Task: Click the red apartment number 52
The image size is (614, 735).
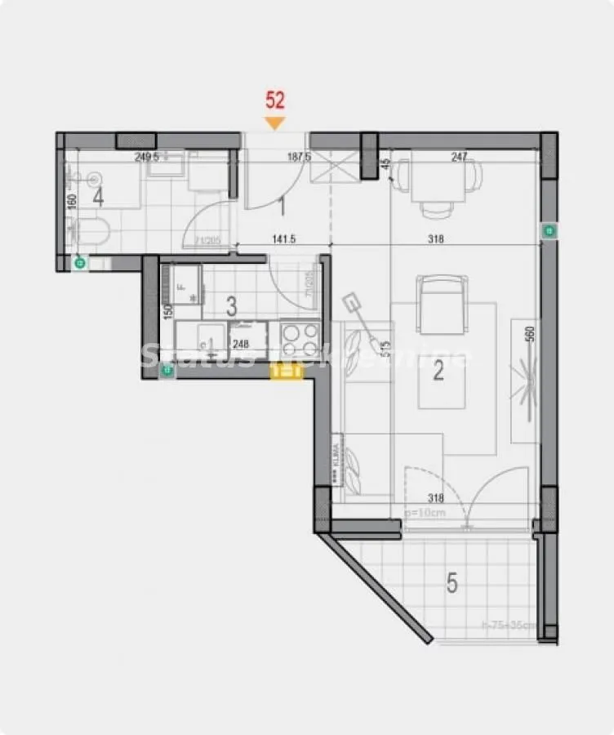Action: pos(275,100)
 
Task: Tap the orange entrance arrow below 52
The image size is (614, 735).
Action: pos(275,122)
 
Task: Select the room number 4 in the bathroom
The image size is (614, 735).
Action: pos(98,197)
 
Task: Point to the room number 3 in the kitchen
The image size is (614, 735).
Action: pos(231,307)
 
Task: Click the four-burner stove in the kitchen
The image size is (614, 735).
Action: pos(300,336)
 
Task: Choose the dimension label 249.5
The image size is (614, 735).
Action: pos(146,158)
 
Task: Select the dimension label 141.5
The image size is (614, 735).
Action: pos(283,241)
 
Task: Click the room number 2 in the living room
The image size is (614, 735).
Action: pos(438,372)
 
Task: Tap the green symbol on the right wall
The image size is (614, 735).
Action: pos(549,232)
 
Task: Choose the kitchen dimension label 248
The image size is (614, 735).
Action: pos(240,343)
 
